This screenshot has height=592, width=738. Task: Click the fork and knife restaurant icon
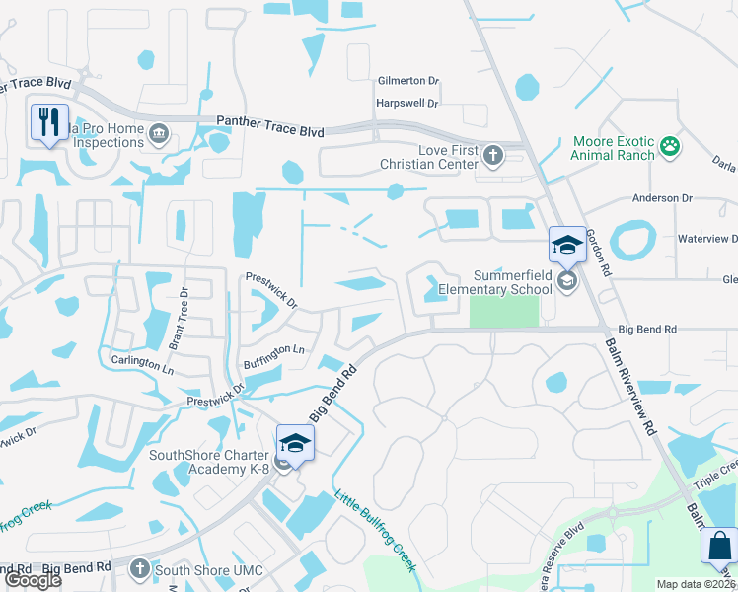48,122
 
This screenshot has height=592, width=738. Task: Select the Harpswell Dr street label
406,103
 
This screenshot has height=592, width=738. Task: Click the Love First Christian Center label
434,156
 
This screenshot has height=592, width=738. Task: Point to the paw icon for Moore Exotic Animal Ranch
670,147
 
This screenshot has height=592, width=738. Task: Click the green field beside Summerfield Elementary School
504,312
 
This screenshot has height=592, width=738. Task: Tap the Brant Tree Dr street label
180,321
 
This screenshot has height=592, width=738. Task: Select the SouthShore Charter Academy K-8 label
208,462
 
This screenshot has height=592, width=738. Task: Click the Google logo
32,580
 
